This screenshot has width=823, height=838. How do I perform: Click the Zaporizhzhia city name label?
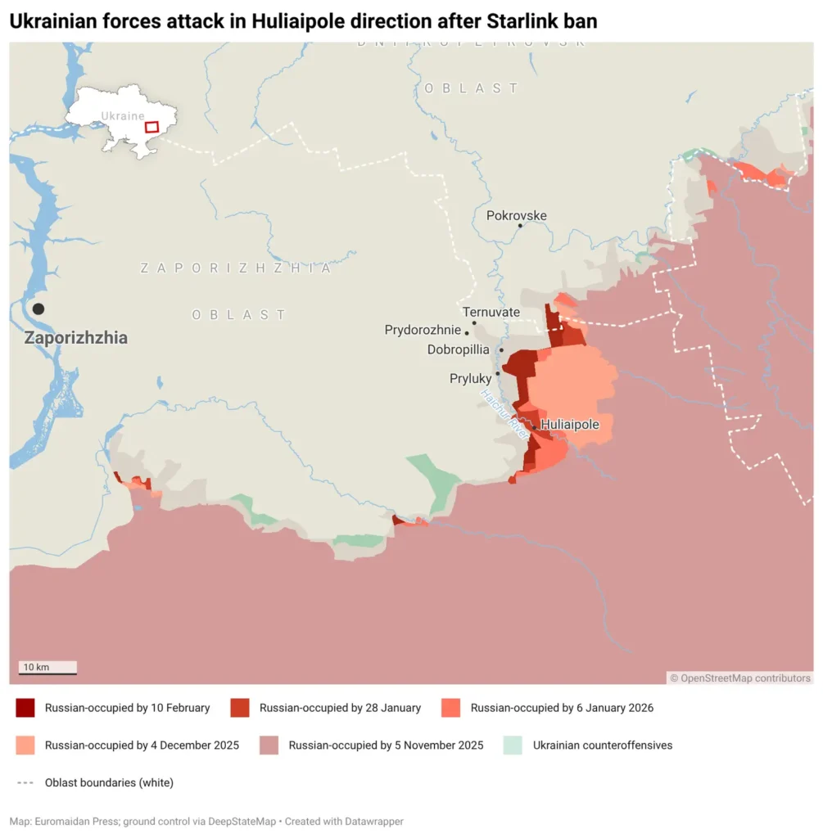pos(75,338)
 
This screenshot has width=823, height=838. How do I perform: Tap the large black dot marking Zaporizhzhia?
pos(38,309)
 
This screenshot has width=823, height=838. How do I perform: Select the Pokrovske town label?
pos(516,216)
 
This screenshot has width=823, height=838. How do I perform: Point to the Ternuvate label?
pos(491,312)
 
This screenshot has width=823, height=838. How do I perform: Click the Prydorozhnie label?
pos(423,331)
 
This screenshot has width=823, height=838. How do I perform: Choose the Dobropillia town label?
pos(458,349)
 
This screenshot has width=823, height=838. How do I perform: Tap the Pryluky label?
pos(470,379)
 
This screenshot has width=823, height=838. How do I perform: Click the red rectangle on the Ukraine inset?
pos(151,127)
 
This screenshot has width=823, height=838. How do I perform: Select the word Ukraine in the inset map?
pos(122,116)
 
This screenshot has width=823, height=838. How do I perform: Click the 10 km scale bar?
pos(47,669)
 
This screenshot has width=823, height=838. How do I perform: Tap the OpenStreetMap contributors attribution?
pos(740,678)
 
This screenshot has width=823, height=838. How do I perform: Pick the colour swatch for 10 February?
pos(25,708)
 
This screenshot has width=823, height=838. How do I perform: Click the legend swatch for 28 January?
pos(239,708)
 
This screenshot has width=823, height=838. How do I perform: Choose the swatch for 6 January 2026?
pos(450,708)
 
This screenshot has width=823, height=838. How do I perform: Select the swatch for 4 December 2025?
pos(25,746)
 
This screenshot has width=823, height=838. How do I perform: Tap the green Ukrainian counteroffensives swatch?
pos(513,746)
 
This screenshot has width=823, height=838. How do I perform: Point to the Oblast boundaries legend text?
pos(109,782)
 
